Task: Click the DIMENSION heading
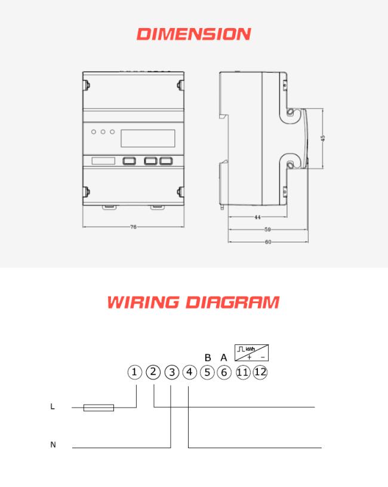[193, 34]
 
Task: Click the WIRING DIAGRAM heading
[193, 303]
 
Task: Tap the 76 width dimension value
[133, 227]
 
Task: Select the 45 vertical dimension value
[323, 138]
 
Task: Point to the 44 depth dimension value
[257, 217]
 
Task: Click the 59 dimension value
[267, 230]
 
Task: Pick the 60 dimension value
[268, 242]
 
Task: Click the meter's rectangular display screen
[148, 138]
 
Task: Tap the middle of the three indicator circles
[103, 132]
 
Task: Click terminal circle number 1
[134, 372]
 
